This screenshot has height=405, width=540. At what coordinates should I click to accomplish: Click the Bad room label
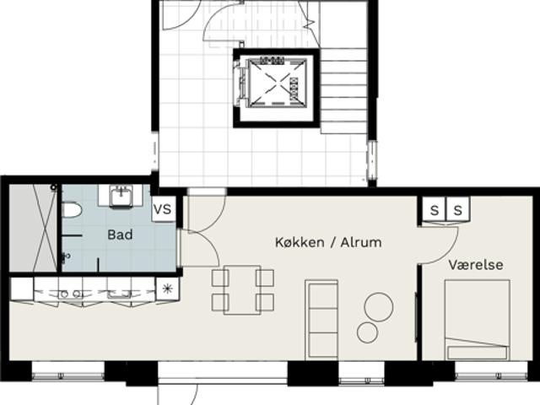[x=120, y=235]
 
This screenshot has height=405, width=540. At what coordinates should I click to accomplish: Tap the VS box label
[x=163, y=209]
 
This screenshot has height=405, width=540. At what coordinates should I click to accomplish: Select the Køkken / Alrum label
[x=328, y=242]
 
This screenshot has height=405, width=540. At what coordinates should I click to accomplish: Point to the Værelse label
[x=476, y=265]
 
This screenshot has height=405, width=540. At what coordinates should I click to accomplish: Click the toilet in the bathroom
[x=72, y=210]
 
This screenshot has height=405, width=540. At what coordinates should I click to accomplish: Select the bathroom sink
[x=121, y=197]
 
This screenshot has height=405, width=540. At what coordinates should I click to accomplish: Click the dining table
[x=242, y=290]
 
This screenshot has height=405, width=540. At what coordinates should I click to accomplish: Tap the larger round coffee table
[x=379, y=307]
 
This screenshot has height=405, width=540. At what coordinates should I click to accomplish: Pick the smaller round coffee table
[x=368, y=332]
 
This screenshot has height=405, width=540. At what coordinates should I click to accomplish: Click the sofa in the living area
[x=321, y=320]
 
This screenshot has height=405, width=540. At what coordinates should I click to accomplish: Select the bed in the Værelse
[x=478, y=320]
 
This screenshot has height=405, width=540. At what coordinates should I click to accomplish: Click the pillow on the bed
[x=478, y=353]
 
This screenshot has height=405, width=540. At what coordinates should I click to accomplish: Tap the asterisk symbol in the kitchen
[x=167, y=289]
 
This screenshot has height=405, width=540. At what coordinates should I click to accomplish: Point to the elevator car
[x=277, y=83]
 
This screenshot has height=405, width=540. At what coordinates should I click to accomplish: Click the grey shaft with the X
[x=33, y=228]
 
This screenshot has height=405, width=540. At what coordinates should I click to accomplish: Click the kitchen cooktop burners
[x=70, y=294]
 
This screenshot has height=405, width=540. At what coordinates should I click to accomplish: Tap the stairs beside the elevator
[x=343, y=91]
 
